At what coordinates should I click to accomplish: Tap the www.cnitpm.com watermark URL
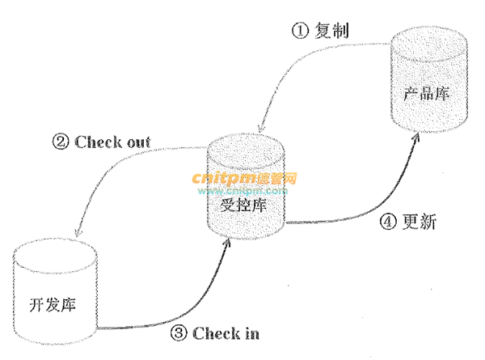[x=245, y=191]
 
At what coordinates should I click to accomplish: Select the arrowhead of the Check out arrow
[x=74, y=232]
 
